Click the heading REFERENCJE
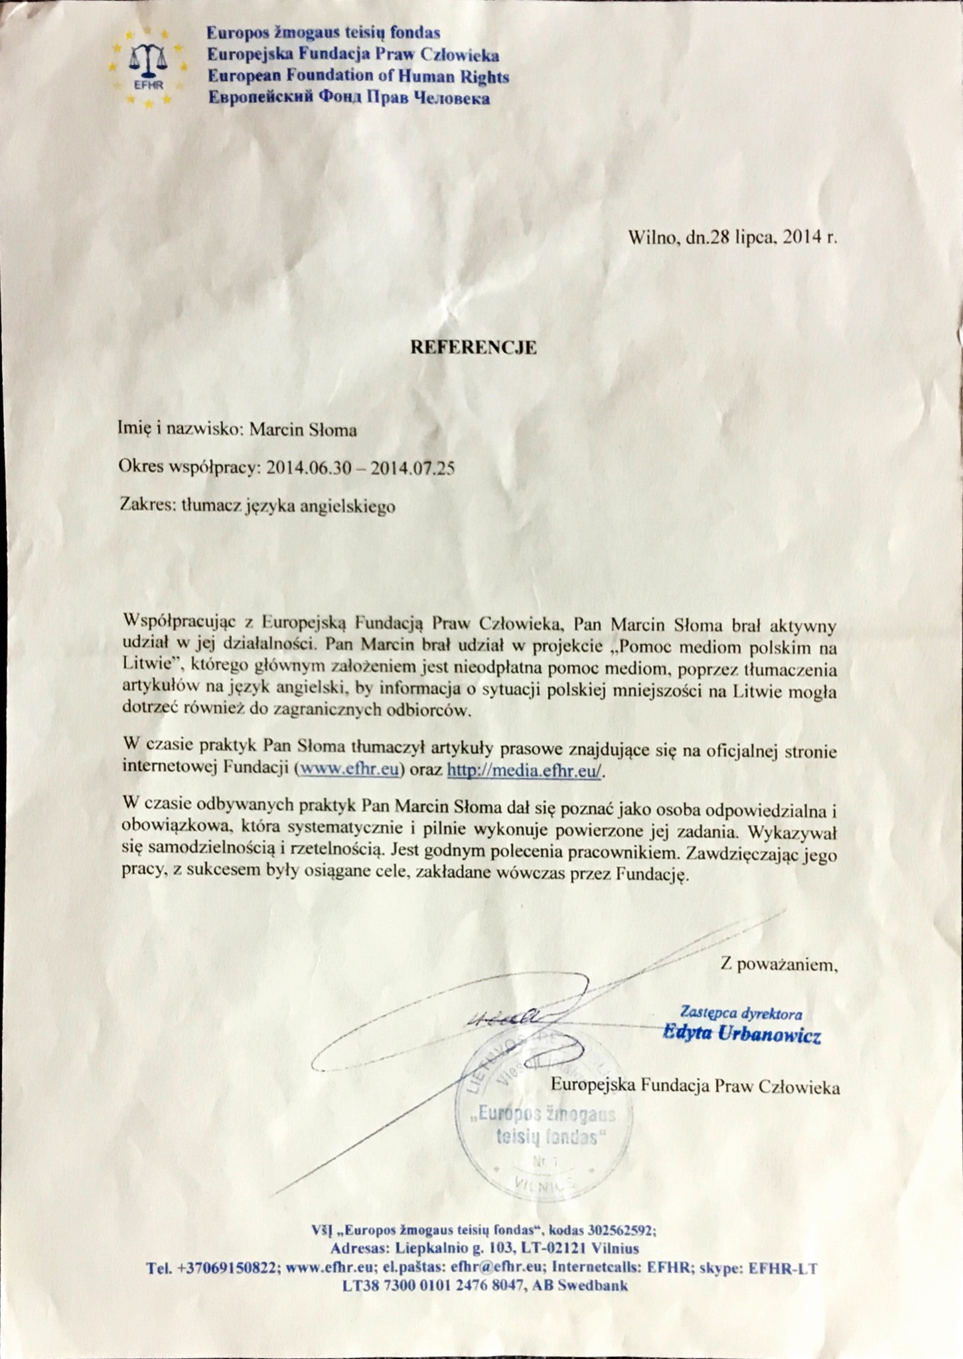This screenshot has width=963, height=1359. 473,347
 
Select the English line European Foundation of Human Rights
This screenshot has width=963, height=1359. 358,76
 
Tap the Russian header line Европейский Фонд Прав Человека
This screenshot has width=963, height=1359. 349,98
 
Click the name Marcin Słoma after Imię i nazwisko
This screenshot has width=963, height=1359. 303,430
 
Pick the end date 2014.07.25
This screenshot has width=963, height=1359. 413,468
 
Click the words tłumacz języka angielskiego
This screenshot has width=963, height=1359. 289,506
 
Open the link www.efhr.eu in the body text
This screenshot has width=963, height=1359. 349,769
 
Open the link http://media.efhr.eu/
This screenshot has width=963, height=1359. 524,770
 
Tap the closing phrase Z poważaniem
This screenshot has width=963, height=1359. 778,964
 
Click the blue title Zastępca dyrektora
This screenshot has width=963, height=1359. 741,1013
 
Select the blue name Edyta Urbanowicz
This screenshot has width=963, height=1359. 742,1035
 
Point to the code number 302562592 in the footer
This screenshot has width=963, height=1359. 621,1230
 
